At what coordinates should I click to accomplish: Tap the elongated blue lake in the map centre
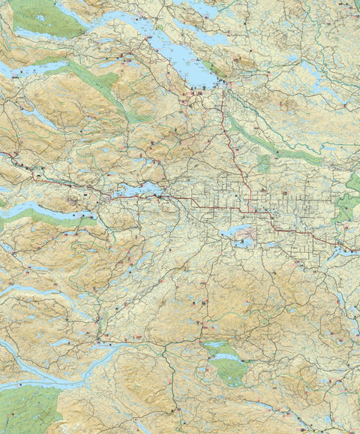pyautogui.click(x=139, y=191)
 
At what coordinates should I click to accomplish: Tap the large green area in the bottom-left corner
pyautogui.click(x=30, y=409)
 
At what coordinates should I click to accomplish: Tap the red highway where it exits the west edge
pyautogui.click(x=3, y=155)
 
